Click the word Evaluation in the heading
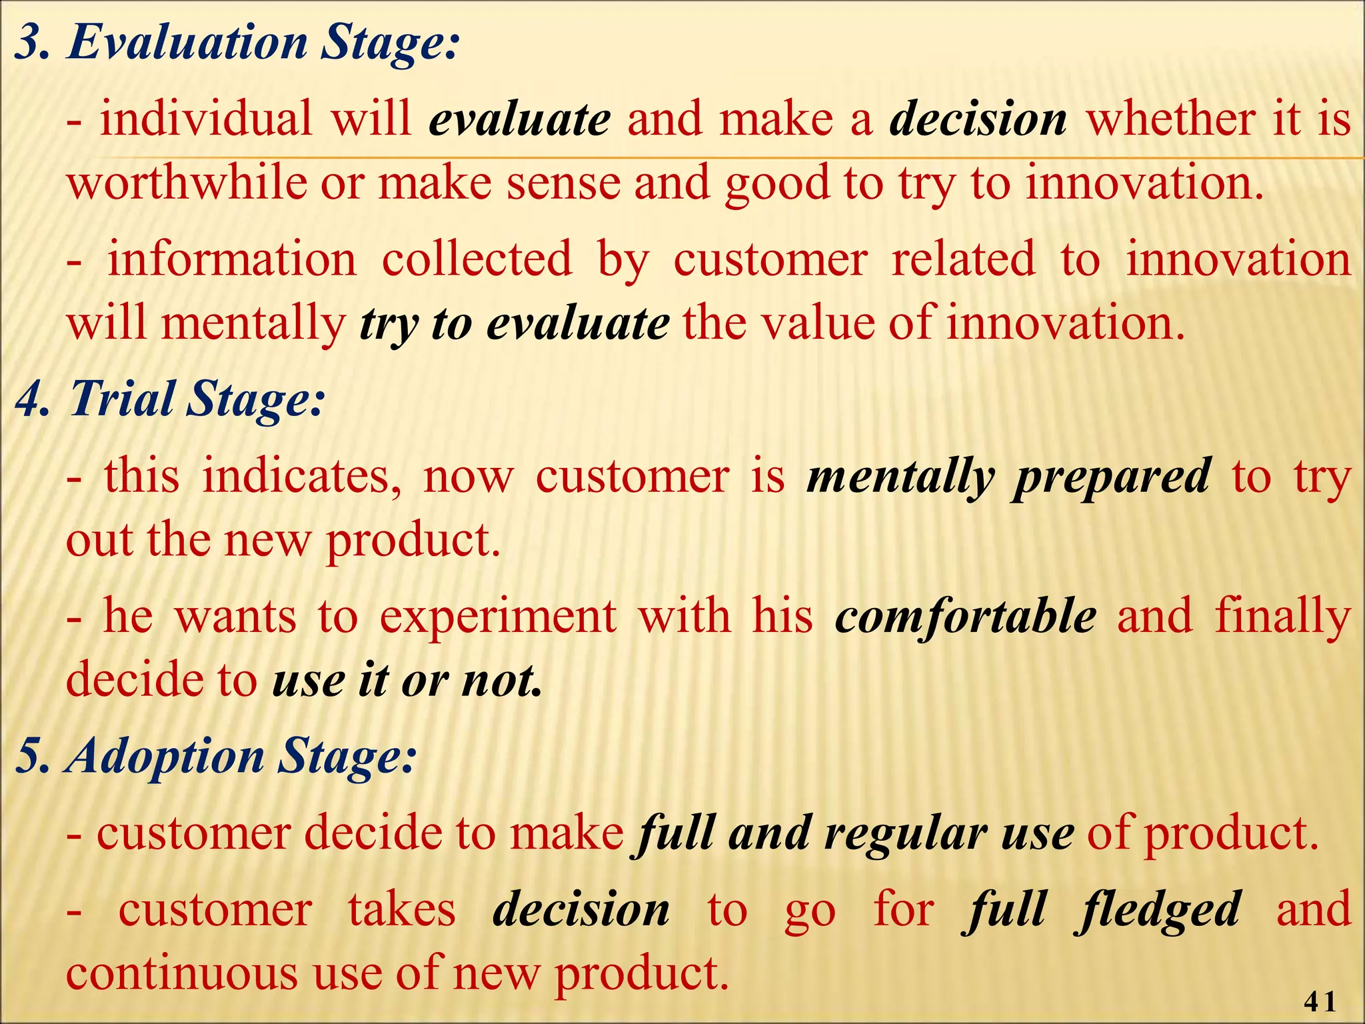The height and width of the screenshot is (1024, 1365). click(x=187, y=43)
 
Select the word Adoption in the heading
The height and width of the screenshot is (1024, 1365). click(x=167, y=757)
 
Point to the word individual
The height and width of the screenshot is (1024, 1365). click(x=206, y=119)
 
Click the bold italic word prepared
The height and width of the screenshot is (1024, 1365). click(x=1111, y=477)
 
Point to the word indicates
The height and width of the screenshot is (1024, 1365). click(x=303, y=477)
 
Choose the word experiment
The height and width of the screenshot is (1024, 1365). click(x=498, y=617)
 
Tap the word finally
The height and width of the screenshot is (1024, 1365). click(x=1282, y=617)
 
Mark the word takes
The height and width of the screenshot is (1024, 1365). click(x=402, y=910)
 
